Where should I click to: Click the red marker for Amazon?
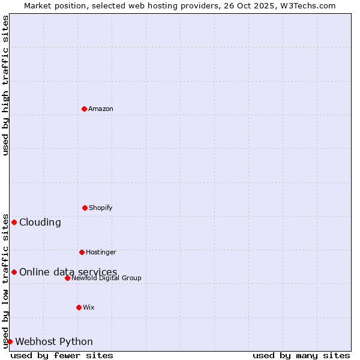[84, 109]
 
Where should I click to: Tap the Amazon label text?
[101, 109]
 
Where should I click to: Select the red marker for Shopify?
[85, 208]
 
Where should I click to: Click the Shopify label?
[101, 208]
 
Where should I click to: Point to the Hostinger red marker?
[82, 252]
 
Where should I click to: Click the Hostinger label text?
[101, 253]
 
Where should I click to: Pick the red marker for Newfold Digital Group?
[67, 278]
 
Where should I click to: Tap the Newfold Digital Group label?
[106, 278]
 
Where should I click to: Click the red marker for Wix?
[79, 307]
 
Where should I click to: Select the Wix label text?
[89, 308]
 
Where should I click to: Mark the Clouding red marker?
[14, 222]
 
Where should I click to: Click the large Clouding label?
[40, 223]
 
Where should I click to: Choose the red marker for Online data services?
[14, 272]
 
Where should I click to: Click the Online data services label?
[68, 272]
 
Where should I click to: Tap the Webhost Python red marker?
[10, 341]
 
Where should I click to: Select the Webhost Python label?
[54, 342]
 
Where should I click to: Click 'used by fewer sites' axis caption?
[62, 355]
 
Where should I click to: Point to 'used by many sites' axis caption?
[301, 355]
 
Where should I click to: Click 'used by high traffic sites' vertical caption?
[5, 85]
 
